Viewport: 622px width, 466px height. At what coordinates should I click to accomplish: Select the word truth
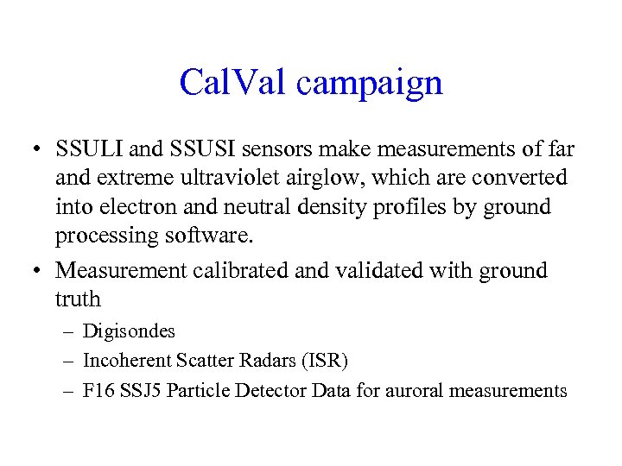pos(79,299)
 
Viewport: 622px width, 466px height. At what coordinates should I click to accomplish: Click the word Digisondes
pos(129,331)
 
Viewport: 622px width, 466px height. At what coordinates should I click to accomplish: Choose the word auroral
pos(421,391)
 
